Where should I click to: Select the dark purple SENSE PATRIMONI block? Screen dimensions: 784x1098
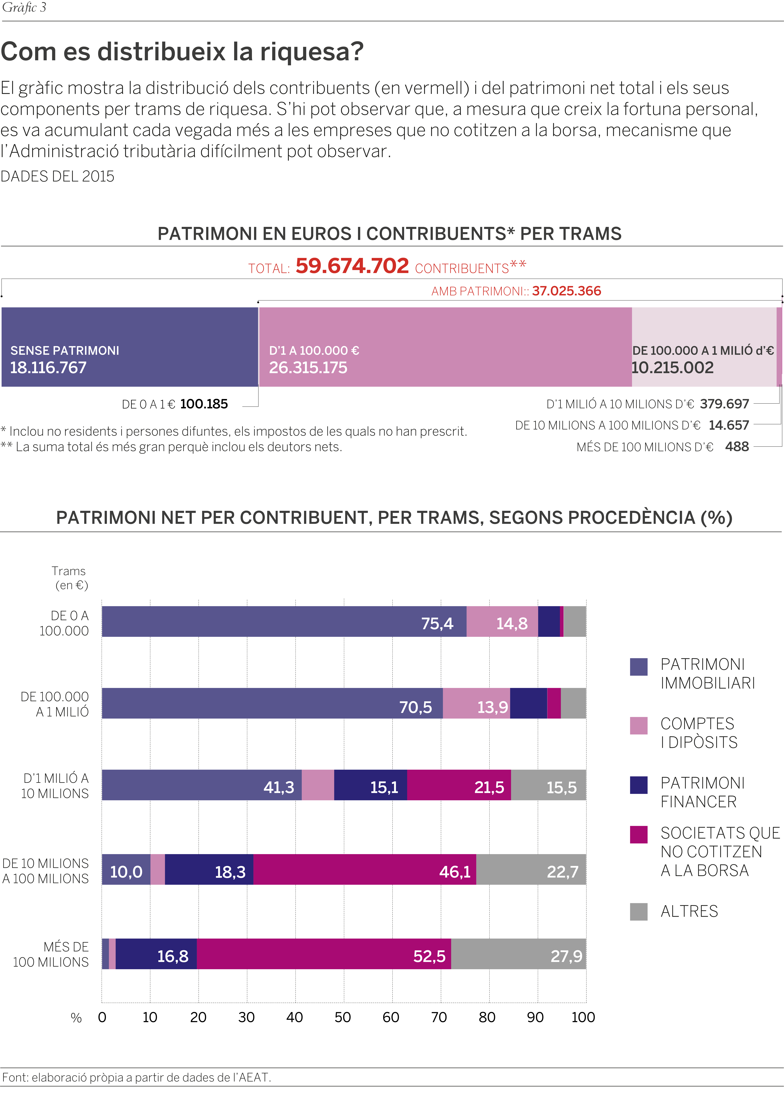130,347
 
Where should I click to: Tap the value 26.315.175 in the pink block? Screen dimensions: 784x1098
308,368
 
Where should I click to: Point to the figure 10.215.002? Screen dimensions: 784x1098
672,368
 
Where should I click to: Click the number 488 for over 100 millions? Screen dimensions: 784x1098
737,447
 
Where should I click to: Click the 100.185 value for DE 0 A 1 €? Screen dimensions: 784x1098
204,404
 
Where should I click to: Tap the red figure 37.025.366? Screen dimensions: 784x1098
567,291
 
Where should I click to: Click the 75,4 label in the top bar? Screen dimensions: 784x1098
437,623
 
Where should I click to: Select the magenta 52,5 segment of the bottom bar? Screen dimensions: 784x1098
324,954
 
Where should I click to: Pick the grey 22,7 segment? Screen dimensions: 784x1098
531,869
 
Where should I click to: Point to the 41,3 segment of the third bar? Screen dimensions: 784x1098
202,785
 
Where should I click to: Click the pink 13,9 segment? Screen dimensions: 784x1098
476,703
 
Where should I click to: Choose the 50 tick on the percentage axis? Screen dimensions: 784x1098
343,1017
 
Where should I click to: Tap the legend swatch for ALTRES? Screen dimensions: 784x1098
639,912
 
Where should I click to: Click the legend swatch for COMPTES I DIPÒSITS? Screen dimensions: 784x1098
639,726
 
